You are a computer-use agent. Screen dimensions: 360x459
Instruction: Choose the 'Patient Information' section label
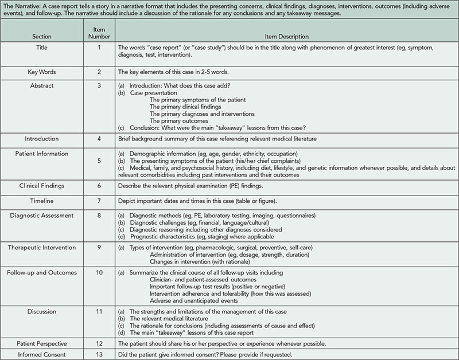tap(41, 154)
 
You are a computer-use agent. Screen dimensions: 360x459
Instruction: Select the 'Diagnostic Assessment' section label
tap(41, 216)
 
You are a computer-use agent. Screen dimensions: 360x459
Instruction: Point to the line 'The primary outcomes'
tap(178, 121)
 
